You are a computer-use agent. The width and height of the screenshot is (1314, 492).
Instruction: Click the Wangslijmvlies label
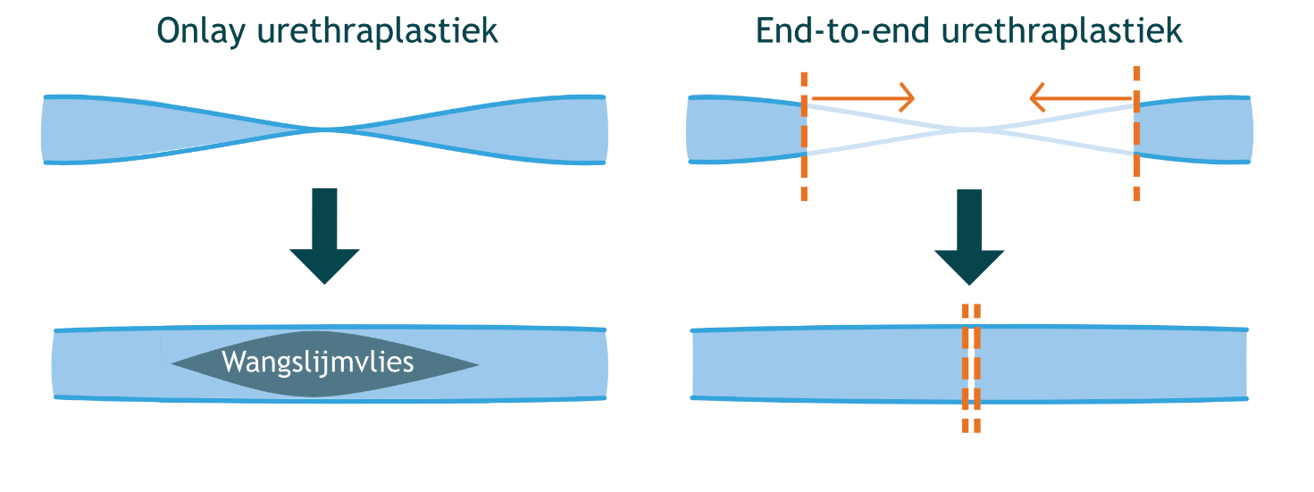click(318, 363)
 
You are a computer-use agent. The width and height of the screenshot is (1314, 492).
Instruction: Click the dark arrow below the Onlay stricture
click(324, 234)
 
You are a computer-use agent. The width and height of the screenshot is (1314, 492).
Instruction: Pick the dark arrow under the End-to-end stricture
click(969, 234)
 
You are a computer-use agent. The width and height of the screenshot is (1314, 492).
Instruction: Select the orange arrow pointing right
click(863, 95)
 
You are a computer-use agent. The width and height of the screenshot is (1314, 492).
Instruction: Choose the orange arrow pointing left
click(1080, 95)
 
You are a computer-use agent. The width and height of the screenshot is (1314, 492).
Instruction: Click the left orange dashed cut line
click(805, 134)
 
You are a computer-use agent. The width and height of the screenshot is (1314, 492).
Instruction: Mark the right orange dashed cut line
click(1136, 134)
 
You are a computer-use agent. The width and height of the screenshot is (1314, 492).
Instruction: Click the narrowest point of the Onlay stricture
click(327, 130)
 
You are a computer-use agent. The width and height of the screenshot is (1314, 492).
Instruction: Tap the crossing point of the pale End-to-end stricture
click(969, 130)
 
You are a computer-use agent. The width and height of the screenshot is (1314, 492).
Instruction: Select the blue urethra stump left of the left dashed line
click(743, 130)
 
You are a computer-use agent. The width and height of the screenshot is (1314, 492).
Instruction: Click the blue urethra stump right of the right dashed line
click(1193, 130)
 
